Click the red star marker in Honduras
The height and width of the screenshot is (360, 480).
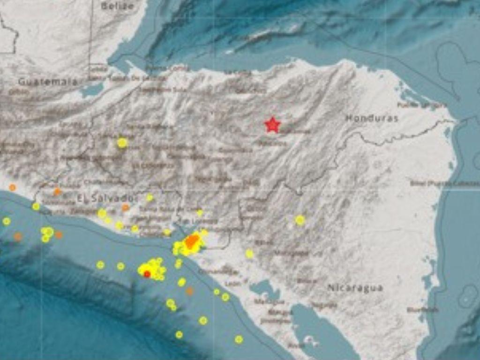[x=272, y=125]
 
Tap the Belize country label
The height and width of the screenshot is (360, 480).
[x=117, y=6]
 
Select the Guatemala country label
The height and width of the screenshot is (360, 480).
[x=48, y=82]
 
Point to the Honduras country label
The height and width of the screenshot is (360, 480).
[x=372, y=118]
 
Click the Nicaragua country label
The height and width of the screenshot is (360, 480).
[x=355, y=288]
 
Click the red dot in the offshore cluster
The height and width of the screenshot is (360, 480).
[x=147, y=274]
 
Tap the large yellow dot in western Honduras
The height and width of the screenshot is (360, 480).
[x=122, y=143]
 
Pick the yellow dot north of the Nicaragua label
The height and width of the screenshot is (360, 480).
[x=300, y=220]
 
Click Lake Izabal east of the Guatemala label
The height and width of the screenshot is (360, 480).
[x=92, y=90]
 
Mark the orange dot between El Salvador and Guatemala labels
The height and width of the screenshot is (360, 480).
[x=57, y=192]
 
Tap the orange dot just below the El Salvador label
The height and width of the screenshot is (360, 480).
[x=126, y=208]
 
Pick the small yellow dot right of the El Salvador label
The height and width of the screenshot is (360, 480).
[x=150, y=198]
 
